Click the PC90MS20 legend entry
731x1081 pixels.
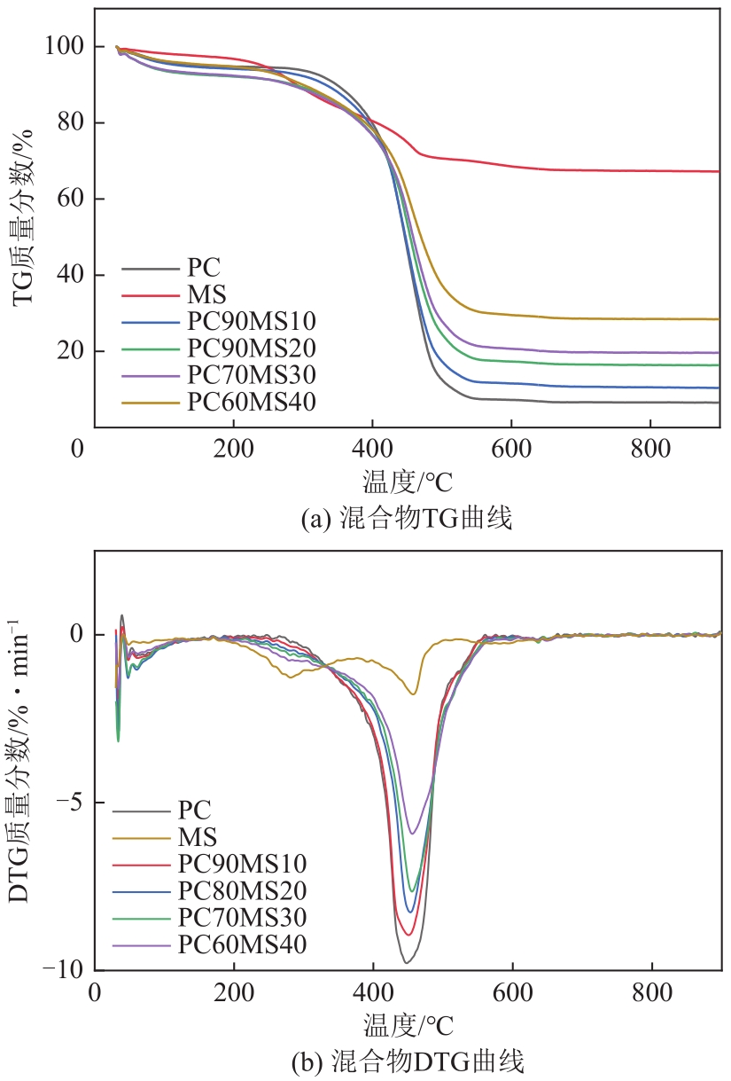tap(252, 347)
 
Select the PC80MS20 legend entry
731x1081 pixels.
tap(242, 889)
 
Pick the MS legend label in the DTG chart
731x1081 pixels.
tap(198, 835)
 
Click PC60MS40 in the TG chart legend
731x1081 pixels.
tap(252, 402)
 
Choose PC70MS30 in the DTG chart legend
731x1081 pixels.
tap(242, 917)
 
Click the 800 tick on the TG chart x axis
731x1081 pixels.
tap(650, 447)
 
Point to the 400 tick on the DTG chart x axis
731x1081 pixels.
tap(373, 991)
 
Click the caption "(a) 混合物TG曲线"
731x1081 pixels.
tap(407, 519)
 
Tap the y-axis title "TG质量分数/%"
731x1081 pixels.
tap(26, 217)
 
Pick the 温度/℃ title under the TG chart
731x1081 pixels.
tap(408, 482)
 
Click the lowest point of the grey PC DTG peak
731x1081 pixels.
tap(405, 962)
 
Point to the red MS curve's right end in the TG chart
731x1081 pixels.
tap(718, 171)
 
